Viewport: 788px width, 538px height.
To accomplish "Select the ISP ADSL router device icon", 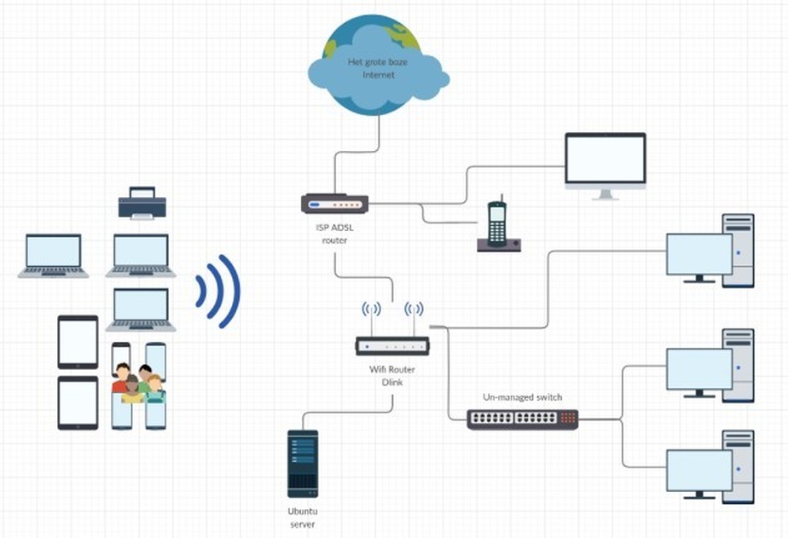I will pos(334,204).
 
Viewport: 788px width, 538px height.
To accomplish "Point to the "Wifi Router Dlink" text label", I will pos(391,376).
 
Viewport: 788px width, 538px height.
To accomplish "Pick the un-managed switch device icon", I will pos(522,419).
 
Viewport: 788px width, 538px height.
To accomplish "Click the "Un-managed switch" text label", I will pos(523,397).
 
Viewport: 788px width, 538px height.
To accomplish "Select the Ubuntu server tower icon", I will pos(303,464).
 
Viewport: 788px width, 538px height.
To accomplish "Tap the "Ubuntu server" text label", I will pos(303,518).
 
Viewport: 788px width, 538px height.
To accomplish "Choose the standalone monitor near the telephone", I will pos(605,165).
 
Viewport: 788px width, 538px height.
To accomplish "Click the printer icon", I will pos(142,203).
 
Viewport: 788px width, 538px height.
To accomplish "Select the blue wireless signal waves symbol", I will pos(218,291).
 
